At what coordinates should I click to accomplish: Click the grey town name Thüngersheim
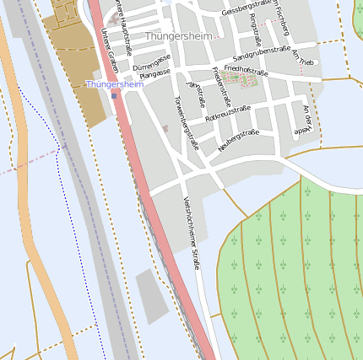(179, 37)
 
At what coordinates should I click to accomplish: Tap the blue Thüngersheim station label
(115, 85)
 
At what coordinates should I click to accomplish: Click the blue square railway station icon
(114, 95)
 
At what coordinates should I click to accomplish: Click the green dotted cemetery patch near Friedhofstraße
(243, 82)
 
